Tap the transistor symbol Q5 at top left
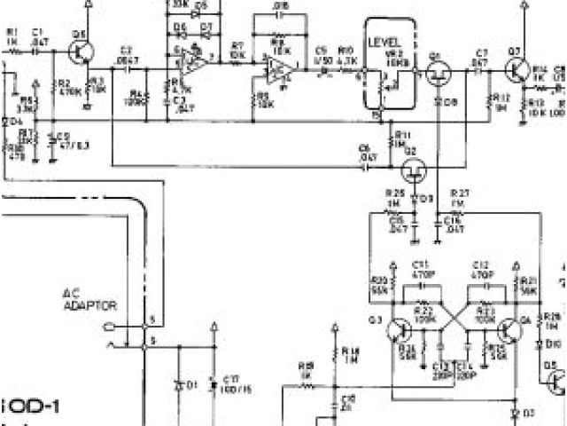pyautogui.click(x=82, y=51)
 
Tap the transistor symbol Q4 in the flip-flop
pyautogui.click(x=511, y=330)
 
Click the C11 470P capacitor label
pyautogui.click(x=422, y=269)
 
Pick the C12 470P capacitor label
pyautogui.click(x=482, y=269)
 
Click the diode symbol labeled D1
pyautogui.click(x=182, y=384)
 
